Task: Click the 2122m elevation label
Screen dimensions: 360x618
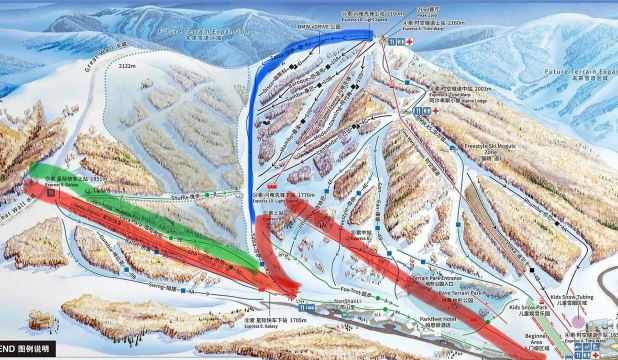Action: coord(124,68)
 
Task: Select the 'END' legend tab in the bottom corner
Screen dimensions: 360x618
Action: coord(14,352)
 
